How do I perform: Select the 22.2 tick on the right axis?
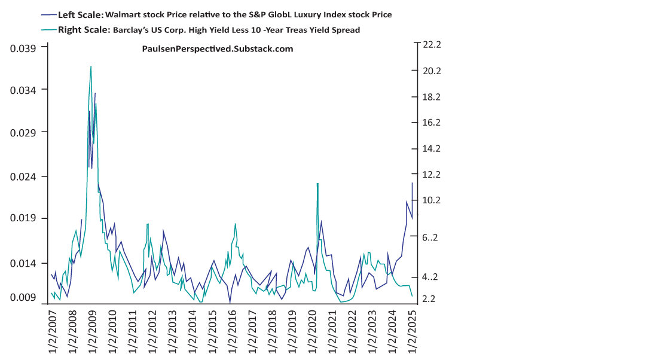pyautogui.click(x=431, y=45)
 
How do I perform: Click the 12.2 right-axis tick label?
pyautogui.click(x=431, y=175)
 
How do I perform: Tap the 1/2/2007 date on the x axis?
pyautogui.click(x=52, y=329)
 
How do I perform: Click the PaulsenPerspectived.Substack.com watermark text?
pyautogui.click(x=217, y=49)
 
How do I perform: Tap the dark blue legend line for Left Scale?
pyautogui.click(x=49, y=14)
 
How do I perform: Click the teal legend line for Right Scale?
pyautogui.click(x=49, y=29)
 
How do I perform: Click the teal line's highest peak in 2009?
pyautogui.click(x=91, y=66)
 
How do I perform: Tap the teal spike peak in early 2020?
pyautogui.click(x=317, y=184)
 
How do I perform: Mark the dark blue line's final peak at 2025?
pyautogui.click(x=412, y=183)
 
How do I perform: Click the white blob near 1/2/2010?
pyautogui.click(x=111, y=240)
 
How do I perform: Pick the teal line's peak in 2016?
pyautogui.click(x=235, y=224)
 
